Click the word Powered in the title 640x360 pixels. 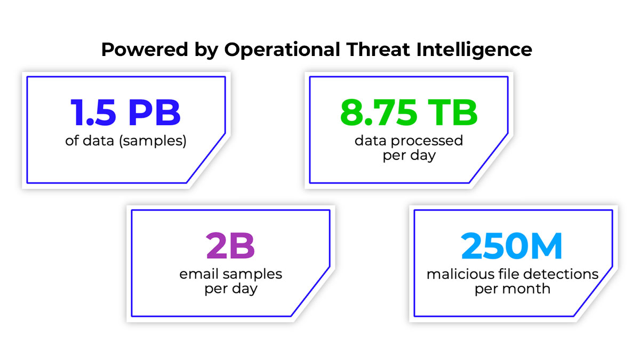click(145, 50)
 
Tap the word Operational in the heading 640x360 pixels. click(282, 50)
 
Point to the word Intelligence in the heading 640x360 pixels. click(474, 50)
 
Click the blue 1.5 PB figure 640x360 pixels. click(126, 113)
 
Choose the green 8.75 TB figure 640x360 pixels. click(409, 113)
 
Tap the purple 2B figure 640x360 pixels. click(230, 246)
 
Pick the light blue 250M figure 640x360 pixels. click(511, 246)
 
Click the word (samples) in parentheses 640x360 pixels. click(153, 141)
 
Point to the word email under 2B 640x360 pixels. click(199, 274)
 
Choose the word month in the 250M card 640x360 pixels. click(526, 289)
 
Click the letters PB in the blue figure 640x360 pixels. click(155, 113)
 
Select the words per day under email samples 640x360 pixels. click(231, 289)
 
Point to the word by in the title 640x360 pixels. click(206, 51)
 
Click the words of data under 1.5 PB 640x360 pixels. click(90, 141)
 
